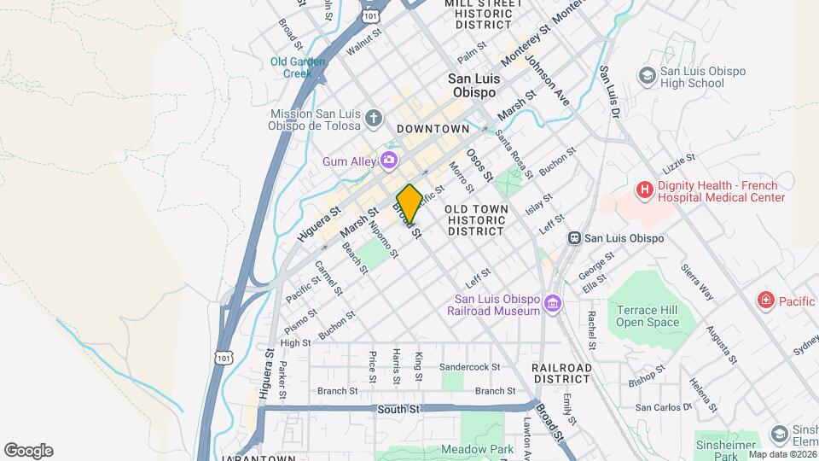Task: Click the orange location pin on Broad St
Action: (409, 203)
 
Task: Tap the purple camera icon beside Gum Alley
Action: (389, 159)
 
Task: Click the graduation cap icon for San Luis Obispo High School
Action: (647, 76)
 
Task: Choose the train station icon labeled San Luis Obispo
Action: (575, 238)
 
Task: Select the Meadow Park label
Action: (478, 449)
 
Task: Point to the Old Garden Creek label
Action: (298, 67)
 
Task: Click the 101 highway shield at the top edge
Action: (369, 15)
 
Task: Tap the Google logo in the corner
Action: (28, 451)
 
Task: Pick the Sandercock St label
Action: (468, 367)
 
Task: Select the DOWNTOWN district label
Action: (433, 129)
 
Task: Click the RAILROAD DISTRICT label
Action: (562, 374)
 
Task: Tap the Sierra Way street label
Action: (697, 281)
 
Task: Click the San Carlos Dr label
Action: (664, 407)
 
